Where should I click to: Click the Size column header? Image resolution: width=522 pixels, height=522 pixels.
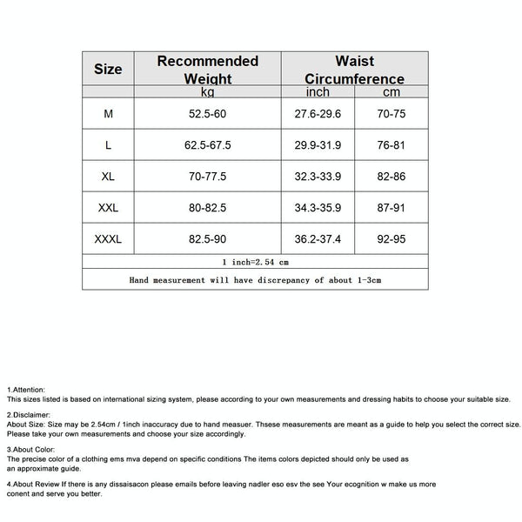(x=108, y=69)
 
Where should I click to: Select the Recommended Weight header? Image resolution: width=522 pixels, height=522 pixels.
(x=208, y=69)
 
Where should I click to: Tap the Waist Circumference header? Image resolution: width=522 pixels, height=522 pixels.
(x=354, y=69)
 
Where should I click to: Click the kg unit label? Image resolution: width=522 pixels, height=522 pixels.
(x=208, y=91)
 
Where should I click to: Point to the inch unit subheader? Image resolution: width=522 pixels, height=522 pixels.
(x=318, y=91)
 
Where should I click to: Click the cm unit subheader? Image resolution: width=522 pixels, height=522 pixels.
(x=391, y=91)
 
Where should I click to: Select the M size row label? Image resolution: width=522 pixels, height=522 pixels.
(x=108, y=114)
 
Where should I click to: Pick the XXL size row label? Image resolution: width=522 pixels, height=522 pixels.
(x=108, y=208)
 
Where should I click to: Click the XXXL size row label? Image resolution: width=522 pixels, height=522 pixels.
(x=108, y=238)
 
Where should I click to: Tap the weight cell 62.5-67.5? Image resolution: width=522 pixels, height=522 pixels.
(x=208, y=145)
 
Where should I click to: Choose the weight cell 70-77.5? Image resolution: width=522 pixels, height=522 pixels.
(x=208, y=176)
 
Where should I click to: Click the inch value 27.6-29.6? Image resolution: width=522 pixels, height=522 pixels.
(x=318, y=114)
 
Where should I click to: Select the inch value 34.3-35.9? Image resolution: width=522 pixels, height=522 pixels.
(x=318, y=208)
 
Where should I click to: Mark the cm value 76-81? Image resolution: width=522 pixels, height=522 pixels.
(x=391, y=145)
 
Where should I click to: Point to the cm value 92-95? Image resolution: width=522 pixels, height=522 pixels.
(x=391, y=238)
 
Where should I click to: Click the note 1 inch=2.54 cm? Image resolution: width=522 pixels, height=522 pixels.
(x=255, y=260)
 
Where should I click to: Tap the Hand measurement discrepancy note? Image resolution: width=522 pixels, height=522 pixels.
(x=255, y=280)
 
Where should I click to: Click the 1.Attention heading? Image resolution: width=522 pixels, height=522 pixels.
(x=26, y=389)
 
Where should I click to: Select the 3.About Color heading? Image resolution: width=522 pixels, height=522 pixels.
(x=31, y=448)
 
